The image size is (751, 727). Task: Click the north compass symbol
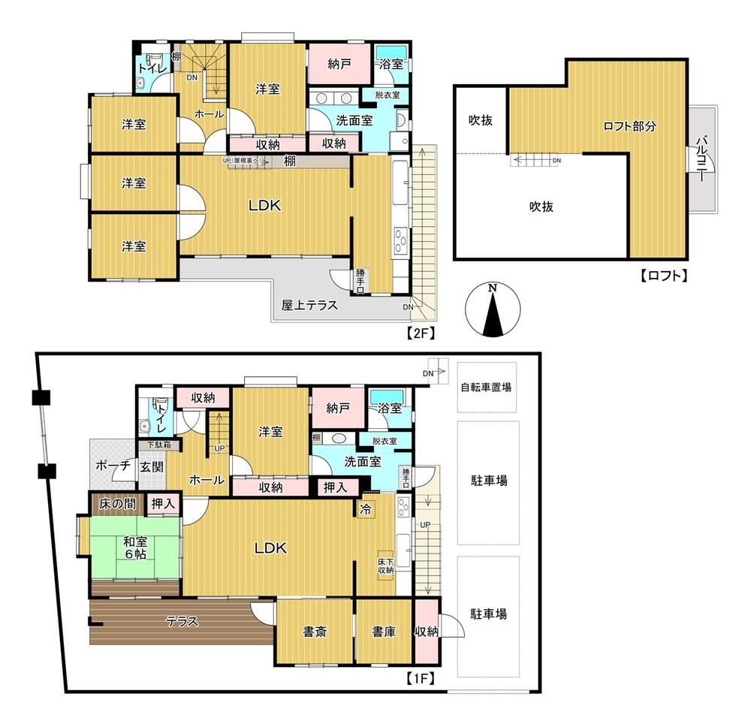(492, 310)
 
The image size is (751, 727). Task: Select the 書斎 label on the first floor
(315, 632)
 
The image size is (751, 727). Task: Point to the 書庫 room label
(383, 632)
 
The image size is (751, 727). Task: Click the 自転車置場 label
(487, 388)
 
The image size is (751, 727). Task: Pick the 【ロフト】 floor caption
(664, 276)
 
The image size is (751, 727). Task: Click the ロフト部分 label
(629, 127)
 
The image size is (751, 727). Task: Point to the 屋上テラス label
(309, 306)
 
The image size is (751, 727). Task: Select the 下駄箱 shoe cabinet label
(153, 445)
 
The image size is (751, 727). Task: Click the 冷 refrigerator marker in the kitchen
(366, 508)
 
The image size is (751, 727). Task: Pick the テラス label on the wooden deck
(182, 621)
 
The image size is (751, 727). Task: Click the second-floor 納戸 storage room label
(339, 65)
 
